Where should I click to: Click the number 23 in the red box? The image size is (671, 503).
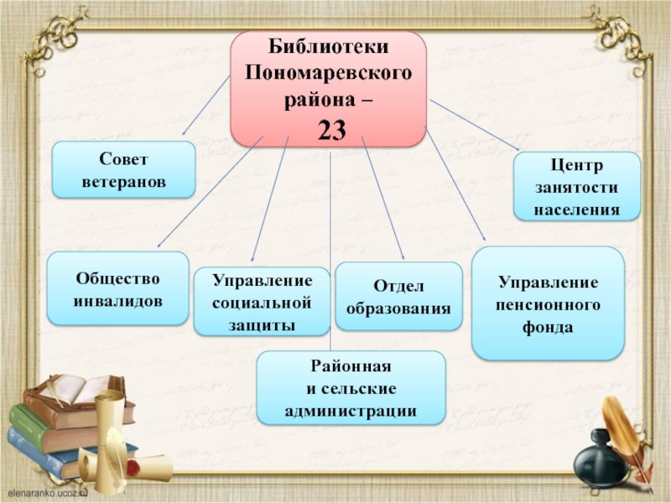tap(329, 129)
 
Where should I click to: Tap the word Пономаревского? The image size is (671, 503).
tap(329, 75)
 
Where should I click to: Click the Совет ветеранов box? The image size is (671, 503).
tap(123, 170)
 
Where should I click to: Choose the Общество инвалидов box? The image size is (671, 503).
tap(117, 288)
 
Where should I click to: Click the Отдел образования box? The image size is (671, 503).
tap(398, 297)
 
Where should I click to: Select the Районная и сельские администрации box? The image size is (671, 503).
tap(351, 388)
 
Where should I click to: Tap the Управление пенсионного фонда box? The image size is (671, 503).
tap(548, 303)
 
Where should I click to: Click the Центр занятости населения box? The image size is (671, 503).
tap(577, 186)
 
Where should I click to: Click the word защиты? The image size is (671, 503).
tap(262, 324)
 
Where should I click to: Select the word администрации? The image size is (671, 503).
tap(351, 412)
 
